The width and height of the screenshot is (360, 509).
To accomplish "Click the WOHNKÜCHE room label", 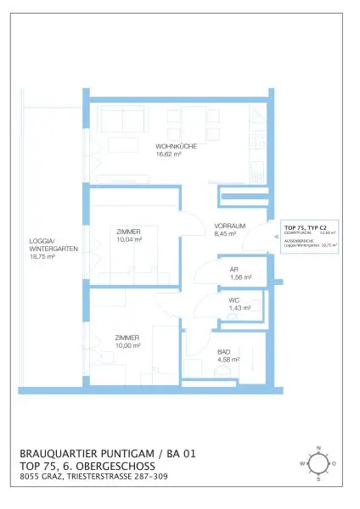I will point(176,147).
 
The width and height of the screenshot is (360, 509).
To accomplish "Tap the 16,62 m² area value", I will point(170,154).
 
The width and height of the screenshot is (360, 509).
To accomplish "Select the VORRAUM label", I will point(230,226).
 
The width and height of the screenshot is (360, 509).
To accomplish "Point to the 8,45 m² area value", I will point(227,233).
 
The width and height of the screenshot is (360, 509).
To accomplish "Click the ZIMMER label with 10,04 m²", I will point(128,231).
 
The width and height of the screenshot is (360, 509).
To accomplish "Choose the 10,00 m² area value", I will point(127,345).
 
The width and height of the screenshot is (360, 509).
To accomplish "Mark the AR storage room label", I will point(233,269).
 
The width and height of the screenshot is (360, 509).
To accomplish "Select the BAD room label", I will point(224,350).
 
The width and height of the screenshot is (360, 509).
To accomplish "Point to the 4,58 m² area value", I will point(228,359).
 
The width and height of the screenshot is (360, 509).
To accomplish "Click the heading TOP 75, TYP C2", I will point(305,227).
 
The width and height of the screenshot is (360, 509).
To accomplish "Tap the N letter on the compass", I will point(318,447).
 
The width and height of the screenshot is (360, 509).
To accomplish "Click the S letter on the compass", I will point(318,479).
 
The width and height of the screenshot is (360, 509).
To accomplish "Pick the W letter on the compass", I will point(301,464).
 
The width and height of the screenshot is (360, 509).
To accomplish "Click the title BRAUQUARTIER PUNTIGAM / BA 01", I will point(107,454).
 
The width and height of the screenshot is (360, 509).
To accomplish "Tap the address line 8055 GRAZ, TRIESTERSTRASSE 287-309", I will point(95,478).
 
